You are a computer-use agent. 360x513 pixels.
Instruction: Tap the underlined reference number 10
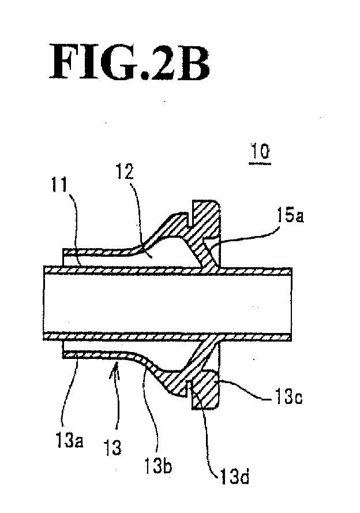click(260, 152)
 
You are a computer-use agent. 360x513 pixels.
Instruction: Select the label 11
click(59, 185)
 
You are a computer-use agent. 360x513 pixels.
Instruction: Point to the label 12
click(125, 171)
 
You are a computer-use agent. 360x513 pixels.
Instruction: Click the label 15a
click(290, 216)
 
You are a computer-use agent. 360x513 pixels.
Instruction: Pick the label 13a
click(70, 441)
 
